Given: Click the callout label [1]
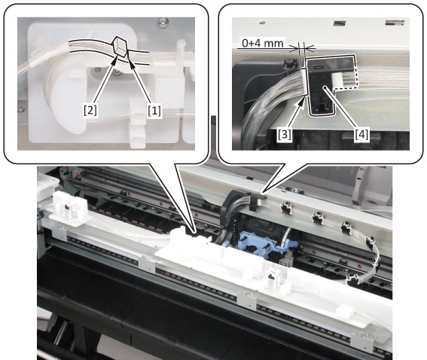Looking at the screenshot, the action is [154, 111].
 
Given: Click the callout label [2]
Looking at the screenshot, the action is [90, 111].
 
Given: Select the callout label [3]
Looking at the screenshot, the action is [284, 134].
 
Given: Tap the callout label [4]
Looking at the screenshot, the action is [362, 134].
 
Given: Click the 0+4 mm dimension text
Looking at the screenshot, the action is [263, 43].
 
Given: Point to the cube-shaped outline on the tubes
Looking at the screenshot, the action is [121, 46].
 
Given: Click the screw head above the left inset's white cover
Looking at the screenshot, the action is [163, 22].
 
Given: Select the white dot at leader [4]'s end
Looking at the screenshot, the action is [325, 88].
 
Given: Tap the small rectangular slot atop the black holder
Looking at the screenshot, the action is [318, 67].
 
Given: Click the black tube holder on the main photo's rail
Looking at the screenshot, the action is [255, 202].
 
